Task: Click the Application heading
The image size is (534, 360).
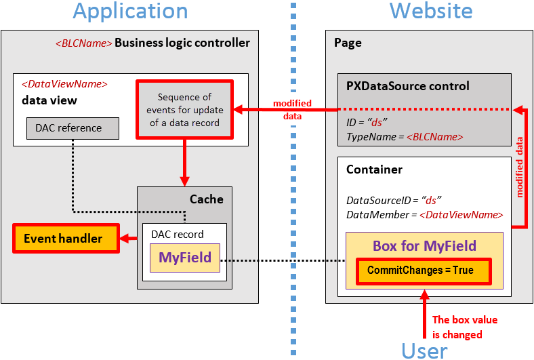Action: tap(130, 12)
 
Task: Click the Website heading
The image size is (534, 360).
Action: tap(431, 12)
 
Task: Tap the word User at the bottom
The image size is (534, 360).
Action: tap(424, 350)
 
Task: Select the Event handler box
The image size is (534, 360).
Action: tap(66, 239)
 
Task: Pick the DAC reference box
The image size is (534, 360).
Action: tap(73, 128)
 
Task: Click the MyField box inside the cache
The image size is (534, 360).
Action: tap(185, 258)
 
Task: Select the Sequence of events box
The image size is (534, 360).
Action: tap(184, 110)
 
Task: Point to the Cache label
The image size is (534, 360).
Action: tap(206, 199)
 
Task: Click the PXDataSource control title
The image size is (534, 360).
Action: tap(407, 86)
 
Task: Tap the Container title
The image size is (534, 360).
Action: tap(374, 169)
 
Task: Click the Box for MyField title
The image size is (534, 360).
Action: tap(424, 245)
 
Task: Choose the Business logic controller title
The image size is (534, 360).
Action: tap(182, 43)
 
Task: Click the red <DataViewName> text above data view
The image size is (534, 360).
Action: tap(64, 85)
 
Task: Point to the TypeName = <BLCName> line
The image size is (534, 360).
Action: tap(405, 137)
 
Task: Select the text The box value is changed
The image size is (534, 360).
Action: tap(457, 327)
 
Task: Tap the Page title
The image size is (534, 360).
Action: tap(348, 43)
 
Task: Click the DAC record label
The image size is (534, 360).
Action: tap(177, 235)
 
